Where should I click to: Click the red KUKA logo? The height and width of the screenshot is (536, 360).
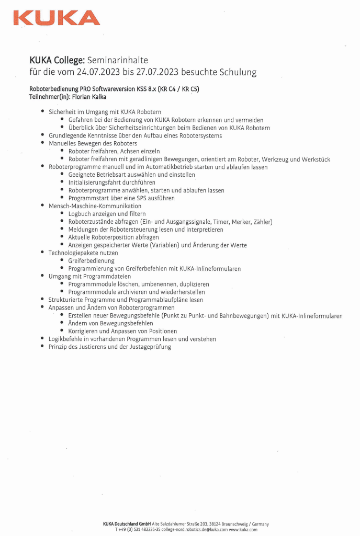(57, 18)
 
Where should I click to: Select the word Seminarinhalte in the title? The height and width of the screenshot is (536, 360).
(118, 60)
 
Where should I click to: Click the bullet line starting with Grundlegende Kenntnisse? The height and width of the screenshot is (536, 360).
(128, 135)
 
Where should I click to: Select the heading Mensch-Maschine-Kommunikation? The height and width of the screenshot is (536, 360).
(95, 206)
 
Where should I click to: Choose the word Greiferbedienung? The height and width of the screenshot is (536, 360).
(91, 260)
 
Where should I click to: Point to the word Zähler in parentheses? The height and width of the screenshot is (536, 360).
(263, 222)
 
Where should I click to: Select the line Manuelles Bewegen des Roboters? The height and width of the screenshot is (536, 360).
(93, 143)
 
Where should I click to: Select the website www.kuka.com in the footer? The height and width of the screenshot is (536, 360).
(243, 530)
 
